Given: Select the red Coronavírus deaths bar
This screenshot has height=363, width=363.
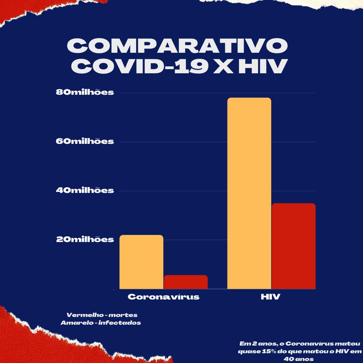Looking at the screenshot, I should [185, 282].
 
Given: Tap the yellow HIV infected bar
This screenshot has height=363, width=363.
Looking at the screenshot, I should [249, 193].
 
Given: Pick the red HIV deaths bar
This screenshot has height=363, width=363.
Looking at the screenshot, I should [293, 246].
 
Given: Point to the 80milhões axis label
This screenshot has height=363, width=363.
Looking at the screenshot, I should [85, 93].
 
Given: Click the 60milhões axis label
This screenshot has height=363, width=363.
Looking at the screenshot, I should [85, 141].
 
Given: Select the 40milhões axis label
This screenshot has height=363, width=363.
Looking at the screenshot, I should [85, 190].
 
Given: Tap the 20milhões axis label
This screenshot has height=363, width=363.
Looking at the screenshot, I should [85, 239].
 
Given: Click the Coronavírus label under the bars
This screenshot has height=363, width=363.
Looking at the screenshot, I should [163, 297].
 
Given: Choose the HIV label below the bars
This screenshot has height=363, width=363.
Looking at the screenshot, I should [270, 297].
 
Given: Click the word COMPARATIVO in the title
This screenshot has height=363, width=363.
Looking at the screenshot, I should [177, 46].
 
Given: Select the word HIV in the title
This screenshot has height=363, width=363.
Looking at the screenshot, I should [261, 66].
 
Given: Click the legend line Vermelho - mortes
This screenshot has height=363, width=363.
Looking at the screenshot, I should [102, 315].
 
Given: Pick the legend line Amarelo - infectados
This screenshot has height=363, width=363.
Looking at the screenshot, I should [101, 323].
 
